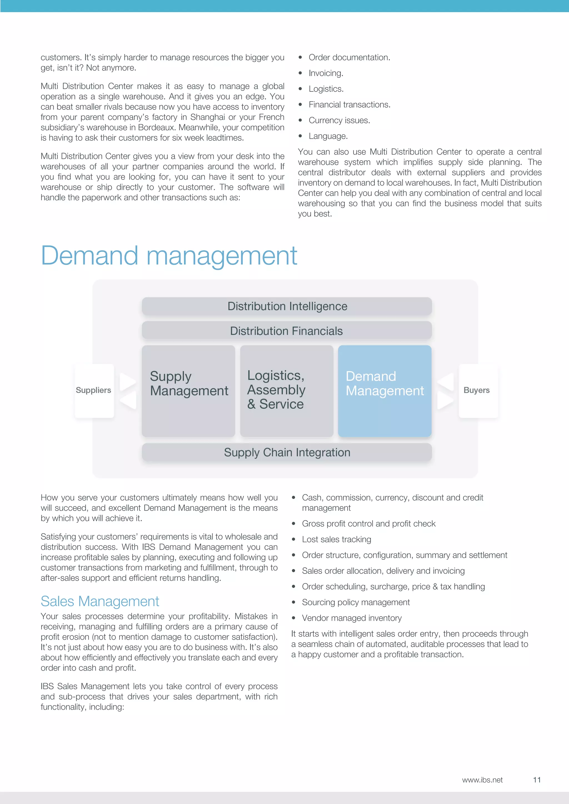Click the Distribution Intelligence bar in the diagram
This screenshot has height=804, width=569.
287,306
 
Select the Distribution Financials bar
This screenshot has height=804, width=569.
287,331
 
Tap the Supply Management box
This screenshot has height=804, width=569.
188,391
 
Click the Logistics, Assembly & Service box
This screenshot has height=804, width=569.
287,391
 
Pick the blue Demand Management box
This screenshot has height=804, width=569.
385,391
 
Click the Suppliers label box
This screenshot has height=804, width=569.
94,390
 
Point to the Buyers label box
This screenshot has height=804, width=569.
477,390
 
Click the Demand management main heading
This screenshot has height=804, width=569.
169,256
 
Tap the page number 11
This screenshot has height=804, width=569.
537,780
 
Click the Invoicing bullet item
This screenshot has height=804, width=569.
326,73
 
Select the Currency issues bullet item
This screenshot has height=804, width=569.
339,120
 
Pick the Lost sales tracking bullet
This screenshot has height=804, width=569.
336,539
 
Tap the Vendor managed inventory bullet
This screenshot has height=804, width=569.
352,618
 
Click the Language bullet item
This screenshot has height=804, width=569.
328,136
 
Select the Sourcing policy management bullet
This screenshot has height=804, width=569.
356,602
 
